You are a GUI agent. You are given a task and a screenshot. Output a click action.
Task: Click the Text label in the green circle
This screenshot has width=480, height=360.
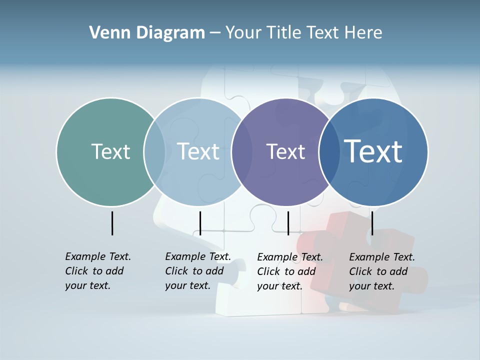(110, 151)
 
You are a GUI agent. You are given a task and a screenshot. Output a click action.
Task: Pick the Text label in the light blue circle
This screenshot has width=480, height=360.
(198, 151)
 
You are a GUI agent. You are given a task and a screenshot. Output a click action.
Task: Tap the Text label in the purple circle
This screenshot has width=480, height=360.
(285, 151)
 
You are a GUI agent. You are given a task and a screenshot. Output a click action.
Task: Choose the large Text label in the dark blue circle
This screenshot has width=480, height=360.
(373, 151)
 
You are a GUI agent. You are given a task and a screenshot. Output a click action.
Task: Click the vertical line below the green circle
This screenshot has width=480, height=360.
(112, 223)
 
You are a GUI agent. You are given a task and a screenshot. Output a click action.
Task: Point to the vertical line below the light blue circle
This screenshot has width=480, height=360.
(200, 223)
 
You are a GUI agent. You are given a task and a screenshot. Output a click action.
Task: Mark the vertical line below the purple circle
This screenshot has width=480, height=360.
(288, 223)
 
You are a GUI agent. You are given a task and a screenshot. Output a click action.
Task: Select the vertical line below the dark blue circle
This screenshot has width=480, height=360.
(372, 223)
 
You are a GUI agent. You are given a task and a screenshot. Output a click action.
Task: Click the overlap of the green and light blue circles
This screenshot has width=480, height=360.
(154, 151)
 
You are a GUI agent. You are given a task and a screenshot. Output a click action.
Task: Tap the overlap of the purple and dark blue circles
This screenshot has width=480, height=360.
(329, 151)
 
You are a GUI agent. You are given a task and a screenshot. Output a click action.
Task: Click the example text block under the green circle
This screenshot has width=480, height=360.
(98, 271)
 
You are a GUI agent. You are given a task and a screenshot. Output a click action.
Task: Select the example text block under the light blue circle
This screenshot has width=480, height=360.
(198, 271)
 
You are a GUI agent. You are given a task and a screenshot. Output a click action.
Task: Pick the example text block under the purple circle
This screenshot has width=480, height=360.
(290, 271)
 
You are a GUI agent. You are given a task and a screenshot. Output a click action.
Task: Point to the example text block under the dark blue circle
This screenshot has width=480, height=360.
(382, 271)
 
